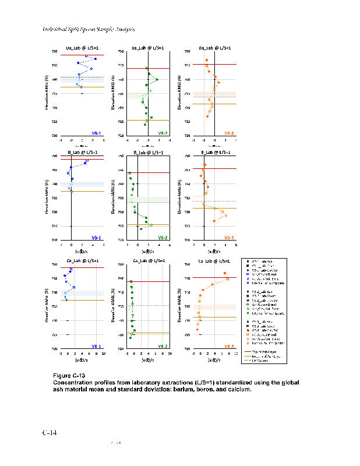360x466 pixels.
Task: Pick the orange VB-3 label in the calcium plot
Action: click(x=229, y=346)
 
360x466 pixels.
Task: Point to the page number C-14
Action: click(x=50, y=433)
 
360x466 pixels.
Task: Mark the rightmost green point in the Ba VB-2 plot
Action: click(x=157, y=79)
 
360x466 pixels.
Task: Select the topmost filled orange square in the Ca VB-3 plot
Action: click(x=225, y=273)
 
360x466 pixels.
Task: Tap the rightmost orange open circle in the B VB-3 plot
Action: click(x=225, y=216)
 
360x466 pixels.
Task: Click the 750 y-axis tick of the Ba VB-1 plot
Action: click(x=55, y=51)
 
